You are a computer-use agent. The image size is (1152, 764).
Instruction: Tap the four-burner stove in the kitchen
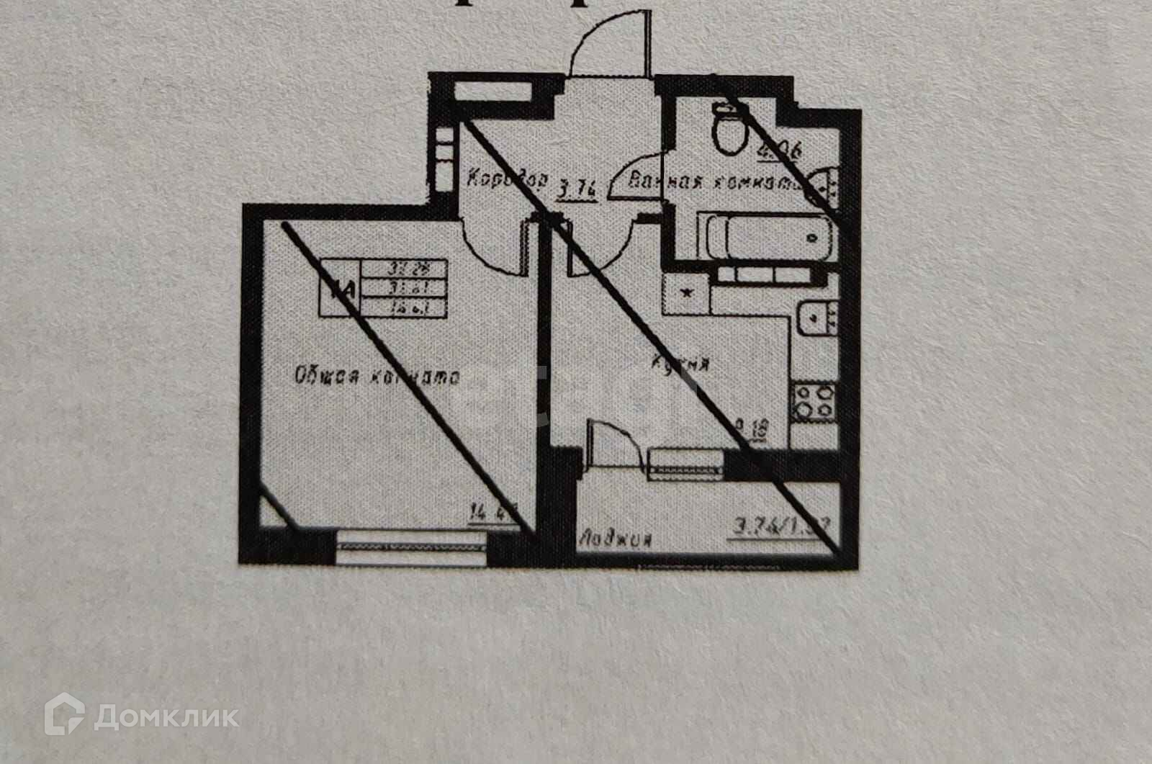814,403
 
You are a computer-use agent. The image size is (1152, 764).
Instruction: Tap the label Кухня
680,364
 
